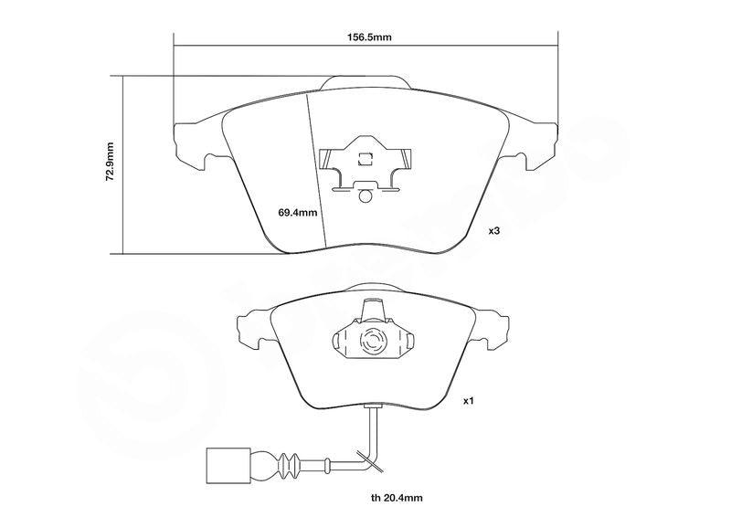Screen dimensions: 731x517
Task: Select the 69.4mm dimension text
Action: pyautogui.click(x=298, y=213)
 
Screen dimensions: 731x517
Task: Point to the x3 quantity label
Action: pyautogui.click(x=494, y=230)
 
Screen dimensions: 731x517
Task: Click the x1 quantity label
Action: pyautogui.click(x=468, y=400)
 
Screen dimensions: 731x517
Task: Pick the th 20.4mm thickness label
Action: pyautogui.click(x=397, y=499)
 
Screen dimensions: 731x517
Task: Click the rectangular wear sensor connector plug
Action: pyautogui.click(x=228, y=466)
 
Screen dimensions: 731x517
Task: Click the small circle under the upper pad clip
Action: pyautogui.click(x=365, y=196)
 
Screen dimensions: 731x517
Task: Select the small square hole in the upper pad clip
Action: pyautogui.click(x=365, y=160)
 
